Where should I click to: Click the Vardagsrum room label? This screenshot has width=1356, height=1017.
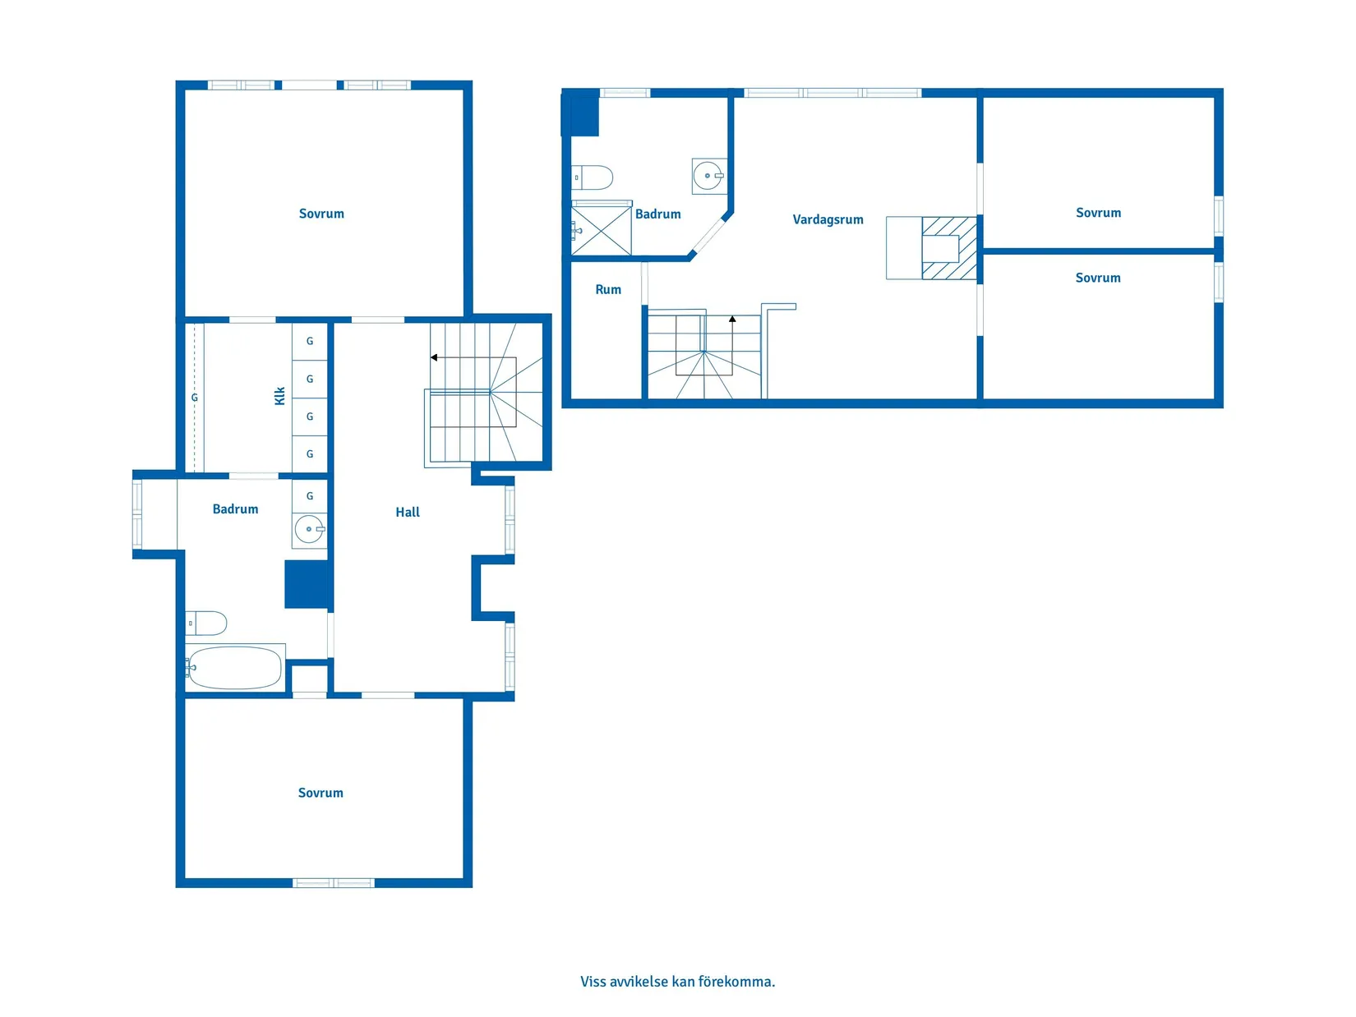[x=828, y=220]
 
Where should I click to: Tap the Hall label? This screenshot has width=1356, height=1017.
[x=407, y=512]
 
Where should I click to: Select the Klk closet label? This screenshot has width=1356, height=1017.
[x=280, y=396]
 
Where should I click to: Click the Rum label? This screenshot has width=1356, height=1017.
[x=608, y=290]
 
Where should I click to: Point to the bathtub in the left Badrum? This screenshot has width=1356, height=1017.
[x=235, y=668]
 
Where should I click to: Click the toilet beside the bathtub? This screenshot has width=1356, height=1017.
[x=206, y=623]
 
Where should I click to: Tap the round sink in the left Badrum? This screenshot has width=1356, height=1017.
[x=310, y=529]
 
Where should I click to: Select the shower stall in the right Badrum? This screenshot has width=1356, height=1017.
[x=601, y=231]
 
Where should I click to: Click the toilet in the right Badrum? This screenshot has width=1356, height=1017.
[x=592, y=177]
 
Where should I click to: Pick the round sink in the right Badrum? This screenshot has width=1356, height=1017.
[x=708, y=176]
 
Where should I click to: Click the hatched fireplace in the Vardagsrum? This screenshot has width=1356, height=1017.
[x=949, y=248]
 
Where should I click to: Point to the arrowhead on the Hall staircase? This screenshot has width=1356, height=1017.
[x=434, y=357]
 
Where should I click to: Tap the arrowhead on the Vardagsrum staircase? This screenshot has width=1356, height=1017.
[x=732, y=320]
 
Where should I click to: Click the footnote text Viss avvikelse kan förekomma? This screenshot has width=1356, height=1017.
[x=677, y=981]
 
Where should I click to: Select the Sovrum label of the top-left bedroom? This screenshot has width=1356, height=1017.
[x=321, y=214]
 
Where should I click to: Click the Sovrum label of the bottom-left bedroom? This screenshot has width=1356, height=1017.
[x=320, y=793]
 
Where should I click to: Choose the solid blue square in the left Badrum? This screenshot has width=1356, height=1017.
[x=307, y=584]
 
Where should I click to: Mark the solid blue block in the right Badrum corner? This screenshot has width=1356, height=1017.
[x=581, y=113]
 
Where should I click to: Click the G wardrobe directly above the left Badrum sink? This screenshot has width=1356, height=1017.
[x=310, y=496]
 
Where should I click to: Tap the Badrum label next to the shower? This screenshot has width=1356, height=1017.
[x=658, y=214]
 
